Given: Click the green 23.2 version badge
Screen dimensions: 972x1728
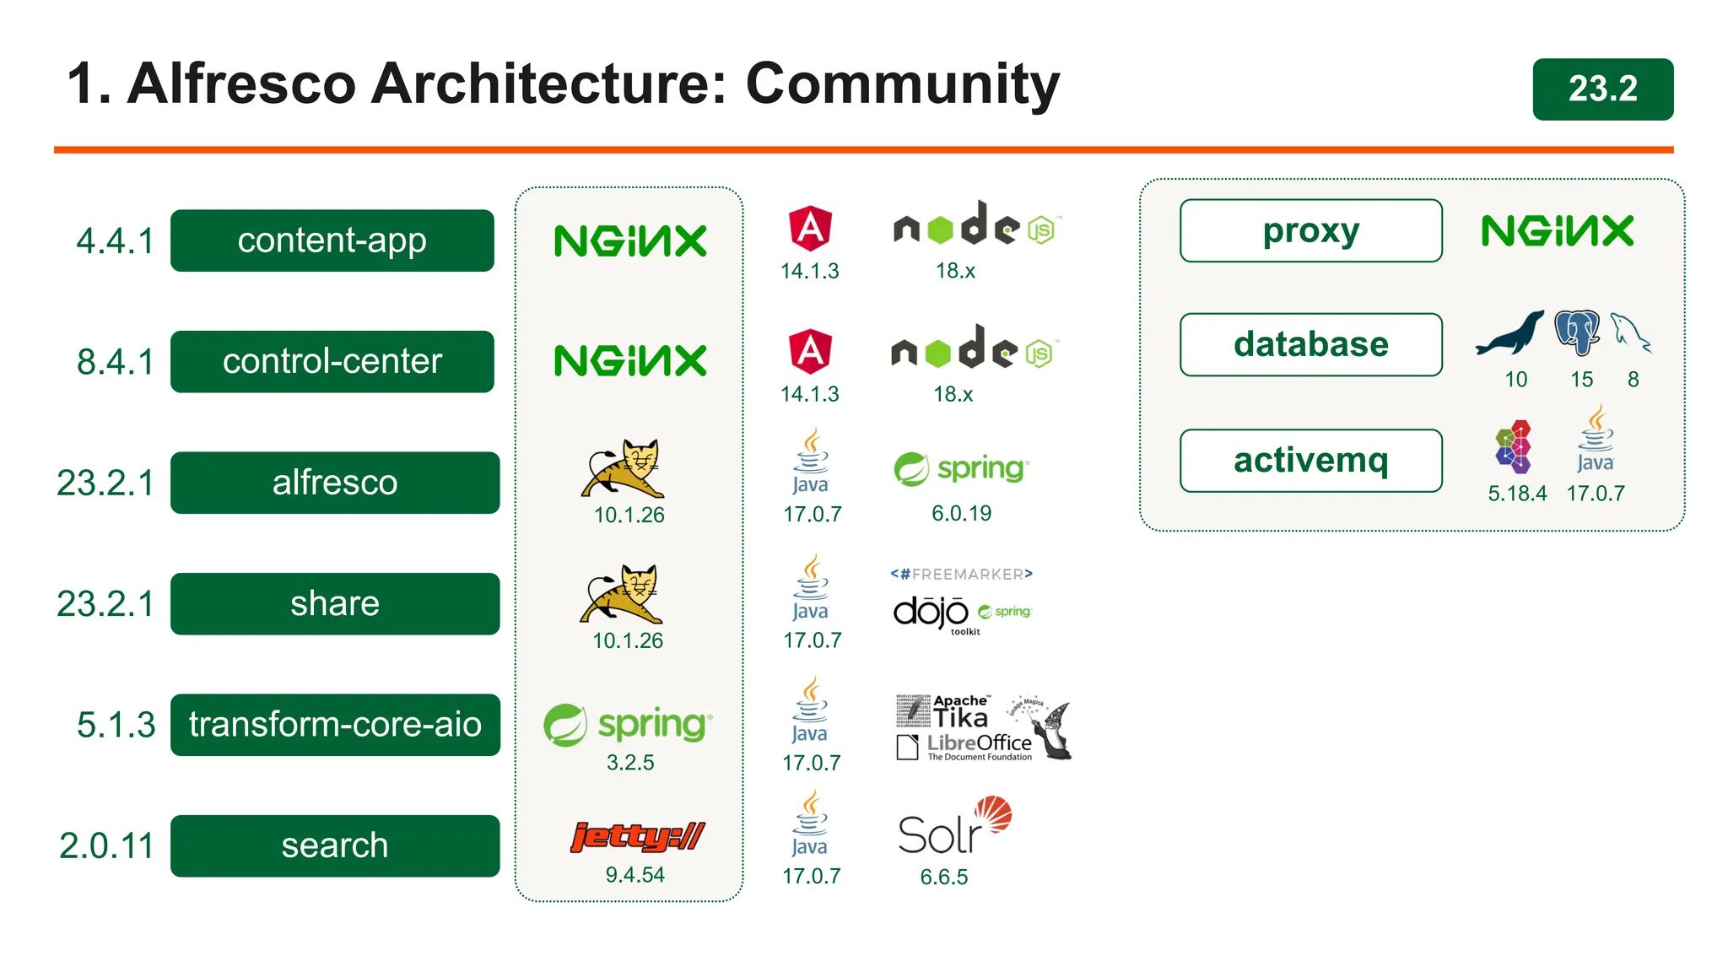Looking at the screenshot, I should (1602, 89).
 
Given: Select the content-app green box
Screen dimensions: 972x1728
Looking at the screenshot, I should (332, 240).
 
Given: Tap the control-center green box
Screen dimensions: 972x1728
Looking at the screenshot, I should (332, 361).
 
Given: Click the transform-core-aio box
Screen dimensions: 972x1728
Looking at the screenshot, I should (335, 725).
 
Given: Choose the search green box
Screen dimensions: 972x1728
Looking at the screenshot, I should (335, 845).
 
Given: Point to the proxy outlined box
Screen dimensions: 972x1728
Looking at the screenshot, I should (1310, 230).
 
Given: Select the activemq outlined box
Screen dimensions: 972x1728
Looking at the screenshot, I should (1310, 461).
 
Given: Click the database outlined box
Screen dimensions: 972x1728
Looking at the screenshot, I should (1310, 344).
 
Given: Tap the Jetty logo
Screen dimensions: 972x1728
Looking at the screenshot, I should (637, 836).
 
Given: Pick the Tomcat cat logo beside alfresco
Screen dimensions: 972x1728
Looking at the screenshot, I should (624, 469).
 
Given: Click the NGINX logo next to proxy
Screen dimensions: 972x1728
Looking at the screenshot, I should (1557, 230).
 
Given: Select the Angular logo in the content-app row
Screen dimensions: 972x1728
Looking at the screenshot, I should (810, 229).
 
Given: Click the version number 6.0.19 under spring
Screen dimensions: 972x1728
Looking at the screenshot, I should (961, 513).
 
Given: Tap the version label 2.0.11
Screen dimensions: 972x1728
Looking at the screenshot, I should (107, 845).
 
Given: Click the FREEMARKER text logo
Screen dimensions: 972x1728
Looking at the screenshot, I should (961, 575).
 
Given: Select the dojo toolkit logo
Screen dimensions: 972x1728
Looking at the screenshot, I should (932, 613).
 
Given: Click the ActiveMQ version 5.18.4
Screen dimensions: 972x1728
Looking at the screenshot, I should (1516, 494).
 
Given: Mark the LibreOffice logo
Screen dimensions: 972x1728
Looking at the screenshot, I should (966, 746).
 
